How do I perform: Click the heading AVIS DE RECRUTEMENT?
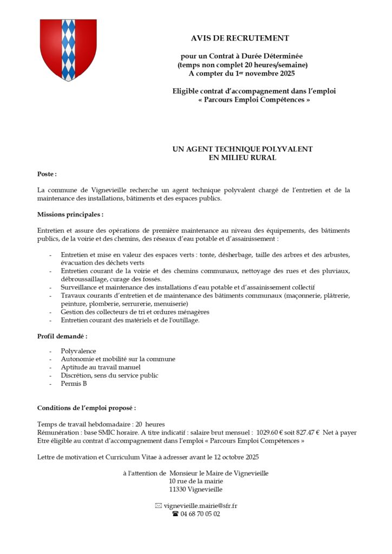coord(240,38)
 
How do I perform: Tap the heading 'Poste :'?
coord(47,174)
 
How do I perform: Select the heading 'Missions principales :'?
coord(70,215)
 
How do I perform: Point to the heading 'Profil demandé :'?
coord(62,337)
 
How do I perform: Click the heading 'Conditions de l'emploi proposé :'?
coord(87,408)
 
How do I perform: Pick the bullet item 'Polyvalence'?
coord(79,351)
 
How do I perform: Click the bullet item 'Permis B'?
coord(74,384)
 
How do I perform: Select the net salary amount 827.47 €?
coord(306,432)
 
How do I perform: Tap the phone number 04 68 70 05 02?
coord(200,514)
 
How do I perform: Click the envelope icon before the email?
coord(158,505)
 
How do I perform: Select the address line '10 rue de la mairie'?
coord(196,481)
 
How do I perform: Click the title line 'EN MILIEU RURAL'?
coord(243,157)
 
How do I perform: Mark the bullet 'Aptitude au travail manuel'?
coord(93,367)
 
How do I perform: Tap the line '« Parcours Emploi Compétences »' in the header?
coord(254,100)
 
